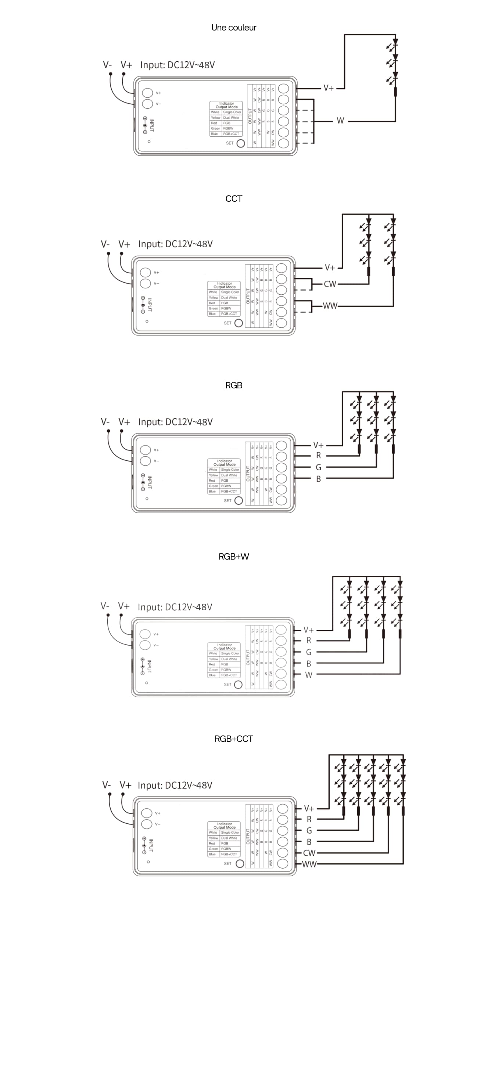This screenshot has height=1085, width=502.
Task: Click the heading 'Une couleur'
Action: pos(234,28)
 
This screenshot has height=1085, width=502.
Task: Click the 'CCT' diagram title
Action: pos(234,199)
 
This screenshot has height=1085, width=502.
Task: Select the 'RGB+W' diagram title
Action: pos(234,556)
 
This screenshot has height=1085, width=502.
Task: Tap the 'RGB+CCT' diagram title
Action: pos(234,739)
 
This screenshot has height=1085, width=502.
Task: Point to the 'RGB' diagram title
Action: pos(234,385)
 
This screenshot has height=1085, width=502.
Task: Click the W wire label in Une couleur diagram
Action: pos(340,121)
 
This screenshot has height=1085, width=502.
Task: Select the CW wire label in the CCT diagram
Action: pos(330,284)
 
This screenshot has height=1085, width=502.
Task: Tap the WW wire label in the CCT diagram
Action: pos(330,306)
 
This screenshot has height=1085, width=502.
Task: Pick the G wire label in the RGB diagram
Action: pos(318,467)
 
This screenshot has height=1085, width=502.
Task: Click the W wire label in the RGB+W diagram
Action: pos(309,675)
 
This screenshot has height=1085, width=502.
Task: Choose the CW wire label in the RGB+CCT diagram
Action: pos(309,853)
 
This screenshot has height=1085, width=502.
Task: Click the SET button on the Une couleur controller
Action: pos(240,143)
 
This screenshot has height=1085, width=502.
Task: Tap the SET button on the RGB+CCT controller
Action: pos(240,863)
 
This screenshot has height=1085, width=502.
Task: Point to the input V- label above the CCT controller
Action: pos(105,244)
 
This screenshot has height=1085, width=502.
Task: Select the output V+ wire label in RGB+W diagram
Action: pos(309,630)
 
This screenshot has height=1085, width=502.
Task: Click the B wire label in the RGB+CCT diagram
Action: pos(309,842)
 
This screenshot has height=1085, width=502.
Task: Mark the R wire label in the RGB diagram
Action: pos(318,455)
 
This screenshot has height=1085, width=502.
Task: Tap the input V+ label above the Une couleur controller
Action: pos(126,65)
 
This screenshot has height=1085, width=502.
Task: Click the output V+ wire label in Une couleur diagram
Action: pos(329,88)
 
